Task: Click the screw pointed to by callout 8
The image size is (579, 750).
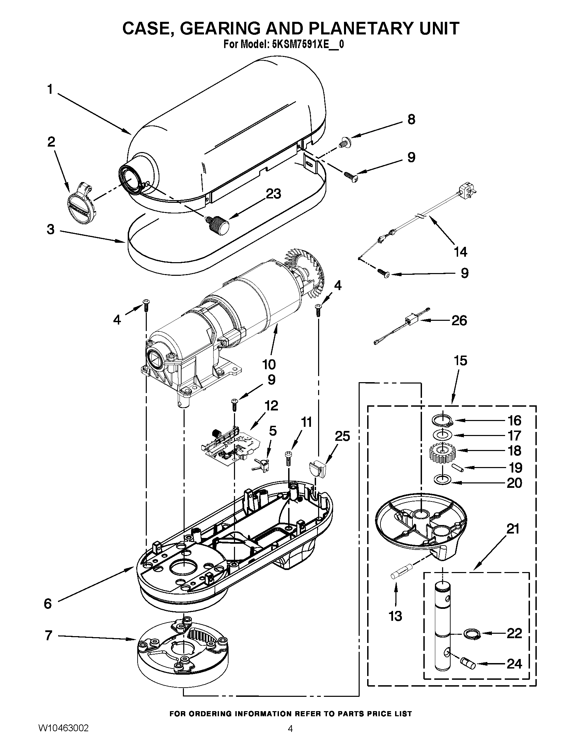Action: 343,142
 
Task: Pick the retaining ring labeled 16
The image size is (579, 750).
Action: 442,420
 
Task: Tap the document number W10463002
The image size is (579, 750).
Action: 63,737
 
